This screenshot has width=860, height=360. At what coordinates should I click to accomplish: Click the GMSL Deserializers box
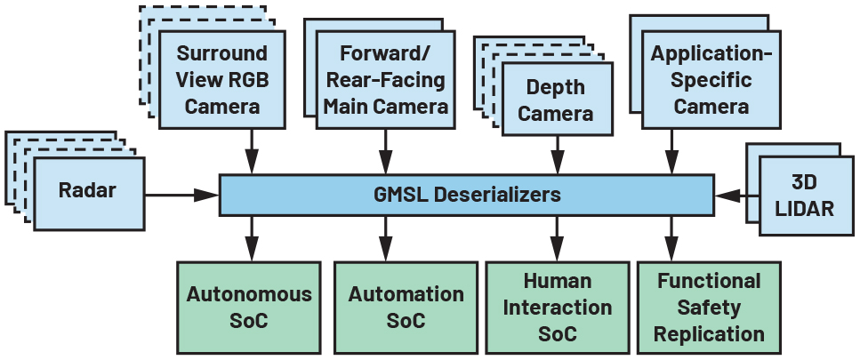[466, 195]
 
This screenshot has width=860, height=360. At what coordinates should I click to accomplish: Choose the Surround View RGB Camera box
[223, 80]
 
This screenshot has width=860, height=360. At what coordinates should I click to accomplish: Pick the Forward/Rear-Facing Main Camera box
[385, 80]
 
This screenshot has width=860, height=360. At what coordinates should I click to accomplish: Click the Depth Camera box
[555, 100]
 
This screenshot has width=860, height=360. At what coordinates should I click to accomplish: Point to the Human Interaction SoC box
[557, 307]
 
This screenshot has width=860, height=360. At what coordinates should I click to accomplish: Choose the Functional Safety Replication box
[709, 307]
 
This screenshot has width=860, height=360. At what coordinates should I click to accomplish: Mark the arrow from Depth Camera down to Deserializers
[558, 155]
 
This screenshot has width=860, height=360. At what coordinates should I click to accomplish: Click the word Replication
[709, 334]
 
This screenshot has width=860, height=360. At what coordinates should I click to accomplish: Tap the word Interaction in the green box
[557, 308]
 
